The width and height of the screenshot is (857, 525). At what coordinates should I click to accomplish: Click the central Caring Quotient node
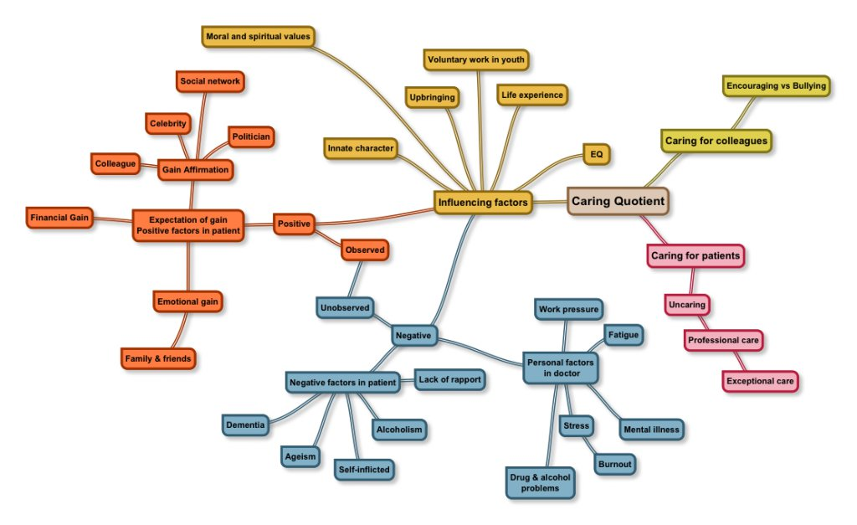tap(618, 201)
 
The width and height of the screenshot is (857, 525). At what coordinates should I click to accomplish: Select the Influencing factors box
tap(483, 203)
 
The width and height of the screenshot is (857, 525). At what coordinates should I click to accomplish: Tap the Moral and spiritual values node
tap(258, 36)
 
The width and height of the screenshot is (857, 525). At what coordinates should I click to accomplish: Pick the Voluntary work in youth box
tap(477, 60)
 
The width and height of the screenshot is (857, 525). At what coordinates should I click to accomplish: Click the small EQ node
tap(597, 155)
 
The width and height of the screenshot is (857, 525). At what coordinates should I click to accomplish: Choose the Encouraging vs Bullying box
tap(777, 85)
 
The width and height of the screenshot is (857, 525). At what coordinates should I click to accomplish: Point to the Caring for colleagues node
tap(716, 141)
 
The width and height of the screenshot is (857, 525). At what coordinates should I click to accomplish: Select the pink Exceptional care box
tap(760, 382)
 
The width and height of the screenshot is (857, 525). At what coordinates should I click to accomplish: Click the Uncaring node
tap(687, 305)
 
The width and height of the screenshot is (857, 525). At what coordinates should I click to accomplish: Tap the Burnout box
tap(614, 463)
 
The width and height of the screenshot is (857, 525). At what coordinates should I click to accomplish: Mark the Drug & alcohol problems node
tap(541, 482)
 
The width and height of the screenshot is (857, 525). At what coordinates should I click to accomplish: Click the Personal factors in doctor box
tap(561, 368)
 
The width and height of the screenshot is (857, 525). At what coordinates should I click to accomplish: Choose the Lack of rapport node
tap(449, 379)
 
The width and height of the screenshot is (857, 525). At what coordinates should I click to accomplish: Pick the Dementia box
tap(246, 425)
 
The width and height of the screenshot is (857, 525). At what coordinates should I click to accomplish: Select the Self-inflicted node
tap(364, 470)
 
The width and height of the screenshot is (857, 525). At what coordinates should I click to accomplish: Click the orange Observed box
tap(366, 250)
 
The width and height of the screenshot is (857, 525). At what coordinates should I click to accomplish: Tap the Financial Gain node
tap(59, 218)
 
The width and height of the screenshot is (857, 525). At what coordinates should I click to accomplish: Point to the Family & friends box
tap(159, 358)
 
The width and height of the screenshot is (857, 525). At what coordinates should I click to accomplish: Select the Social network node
tap(210, 81)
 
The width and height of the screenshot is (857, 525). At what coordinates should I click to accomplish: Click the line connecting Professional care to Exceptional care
tap(741, 361)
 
